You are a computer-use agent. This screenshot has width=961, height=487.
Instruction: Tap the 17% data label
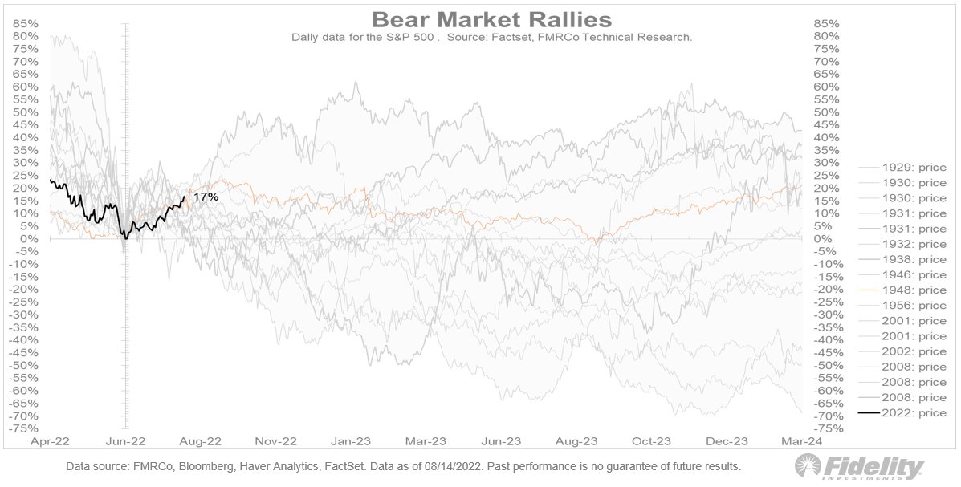pos(206,197)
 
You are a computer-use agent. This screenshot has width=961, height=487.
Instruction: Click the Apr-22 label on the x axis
pos(50,441)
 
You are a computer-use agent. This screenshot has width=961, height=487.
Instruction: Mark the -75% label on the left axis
pos(24,428)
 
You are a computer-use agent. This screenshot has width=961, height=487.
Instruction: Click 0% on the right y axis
pos(824,239)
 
